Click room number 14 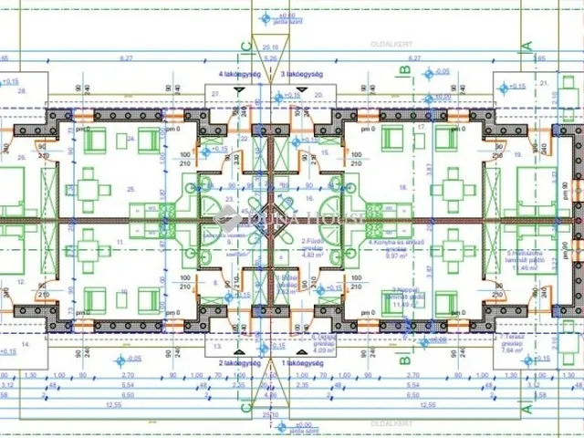click(25, 345)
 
